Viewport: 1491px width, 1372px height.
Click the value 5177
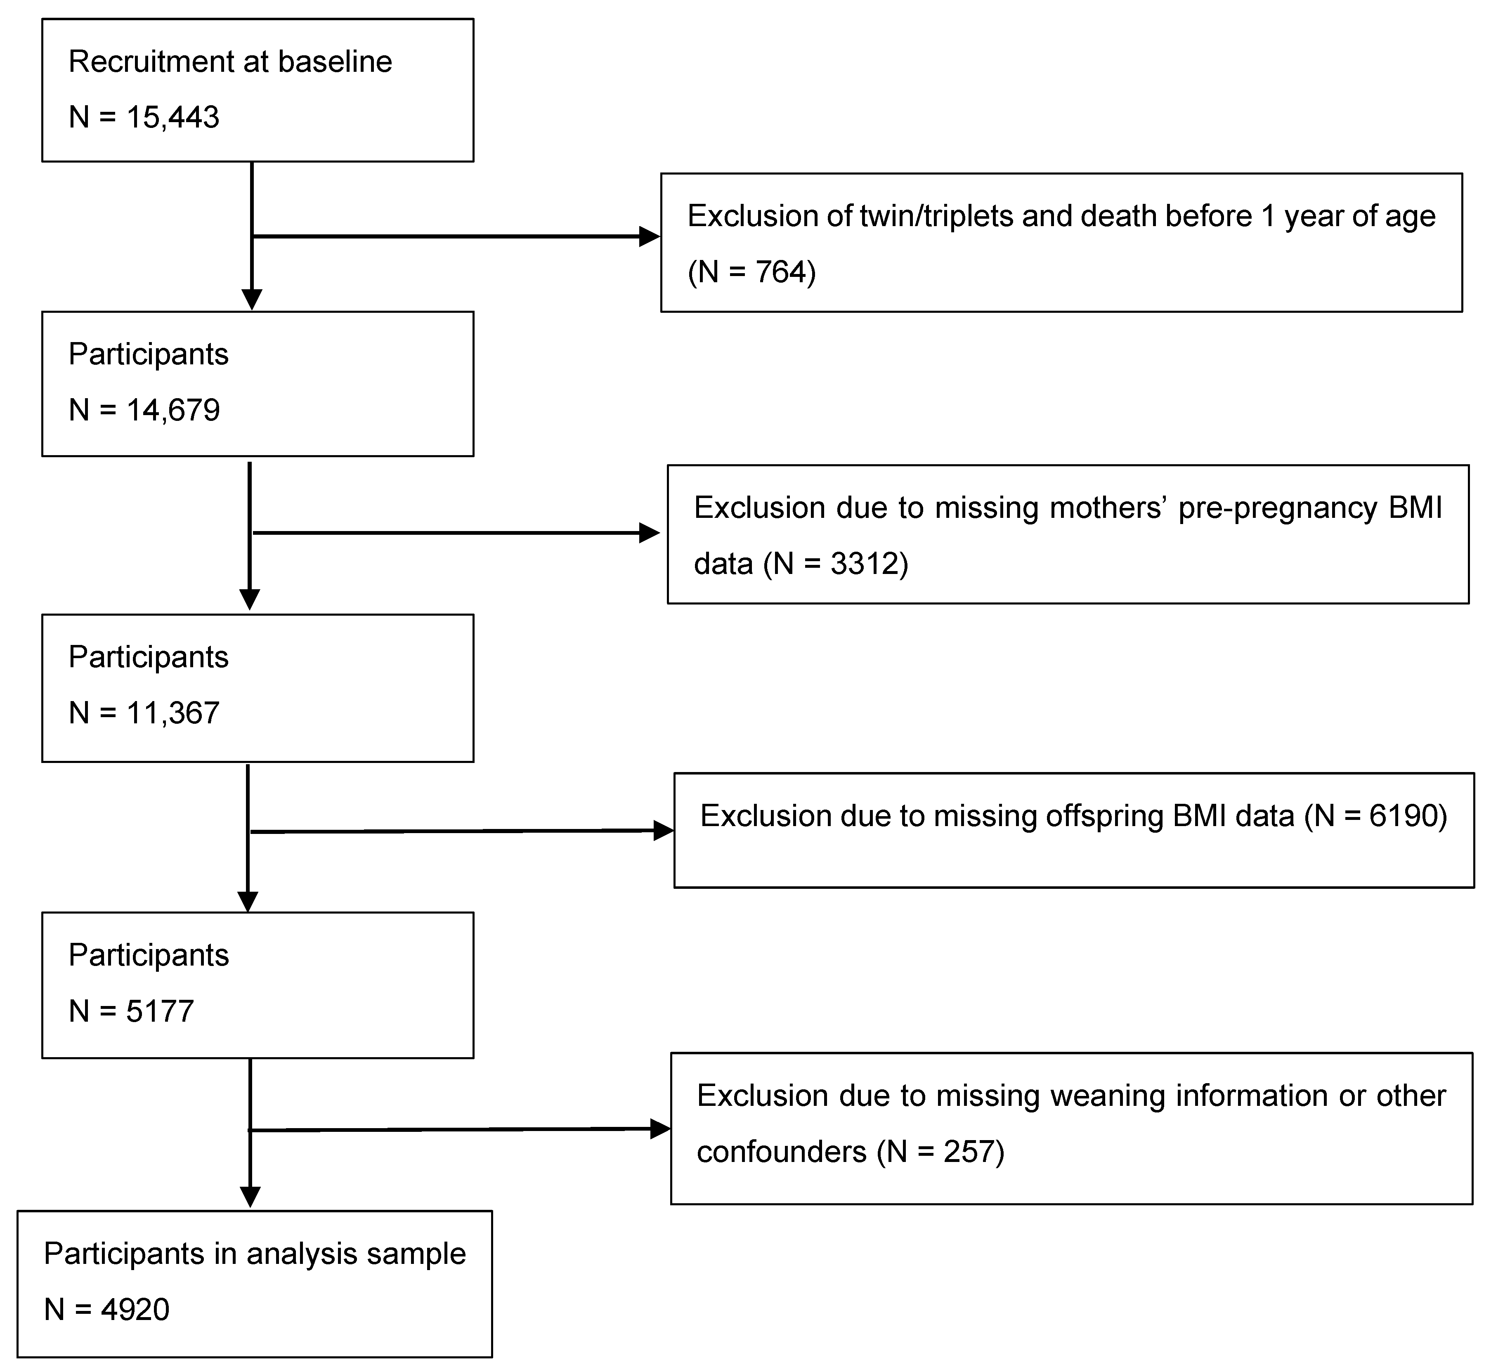[x=160, y=1011]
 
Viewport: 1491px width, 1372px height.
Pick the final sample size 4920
[x=135, y=1309]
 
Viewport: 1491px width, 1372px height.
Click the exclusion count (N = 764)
[x=751, y=272]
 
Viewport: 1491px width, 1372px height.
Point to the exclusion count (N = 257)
[x=940, y=1152]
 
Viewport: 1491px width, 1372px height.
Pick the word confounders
[x=781, y=1152]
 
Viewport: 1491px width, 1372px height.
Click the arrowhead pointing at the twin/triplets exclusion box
[x=649, y=237]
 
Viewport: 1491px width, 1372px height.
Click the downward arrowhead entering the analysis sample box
[x=251, y=1196]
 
